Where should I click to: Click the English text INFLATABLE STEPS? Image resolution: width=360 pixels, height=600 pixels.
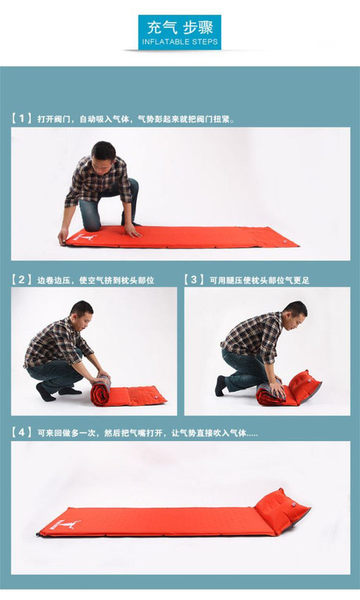click(x=180, y=42)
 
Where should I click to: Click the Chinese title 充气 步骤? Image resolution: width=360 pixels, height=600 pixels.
click(x=180, y=27)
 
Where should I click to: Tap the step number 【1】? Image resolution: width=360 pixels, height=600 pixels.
click(x=21, y=119)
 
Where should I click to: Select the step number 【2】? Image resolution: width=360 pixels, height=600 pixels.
click(x=21, y=280)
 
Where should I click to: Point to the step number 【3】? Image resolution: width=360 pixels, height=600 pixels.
click(x=194, y=280)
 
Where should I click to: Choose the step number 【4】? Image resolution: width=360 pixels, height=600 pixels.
click(x=21, y=432)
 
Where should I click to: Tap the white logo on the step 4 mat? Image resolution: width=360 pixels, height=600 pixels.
click(x=65, y=524)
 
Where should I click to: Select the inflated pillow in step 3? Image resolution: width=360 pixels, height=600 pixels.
click(x=304, y=386)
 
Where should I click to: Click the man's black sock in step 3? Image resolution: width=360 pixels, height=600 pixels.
click(x=220, y=386)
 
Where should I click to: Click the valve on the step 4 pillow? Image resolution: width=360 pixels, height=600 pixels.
click(x=293, y=505)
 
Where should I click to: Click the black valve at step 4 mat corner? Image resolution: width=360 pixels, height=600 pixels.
click(x=38, y=534)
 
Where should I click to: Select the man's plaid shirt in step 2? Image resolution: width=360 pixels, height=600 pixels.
click(x=57, y=342)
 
